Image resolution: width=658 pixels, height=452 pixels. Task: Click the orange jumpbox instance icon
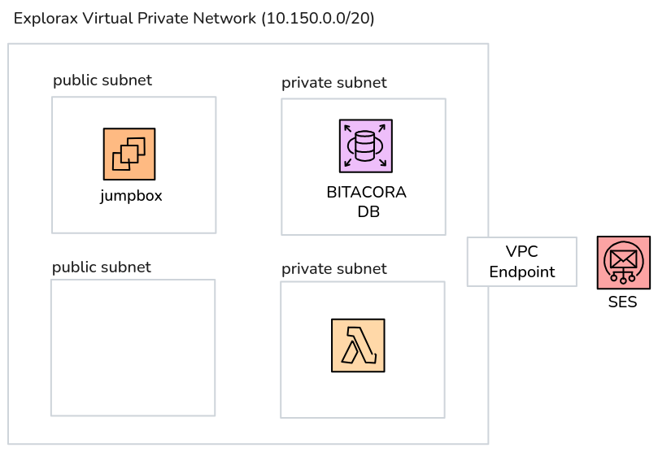pos(129,154)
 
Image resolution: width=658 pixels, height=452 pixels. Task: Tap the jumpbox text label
pos(131,196)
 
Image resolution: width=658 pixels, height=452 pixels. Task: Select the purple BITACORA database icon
pos(365,146)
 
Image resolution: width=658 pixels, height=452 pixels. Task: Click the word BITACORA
pos(365,193)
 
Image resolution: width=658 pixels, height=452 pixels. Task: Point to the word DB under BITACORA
pos(368,212)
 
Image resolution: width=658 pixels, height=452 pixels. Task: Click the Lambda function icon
pos(358,346)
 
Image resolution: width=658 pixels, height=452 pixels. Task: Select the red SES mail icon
pos(623,263)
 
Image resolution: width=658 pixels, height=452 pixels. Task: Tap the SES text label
pos(622,303)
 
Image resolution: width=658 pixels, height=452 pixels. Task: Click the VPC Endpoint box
pos(521,262)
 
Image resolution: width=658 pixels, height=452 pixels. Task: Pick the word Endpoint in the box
pos(521,272)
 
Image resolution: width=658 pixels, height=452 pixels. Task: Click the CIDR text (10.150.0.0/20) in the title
pos(318,19)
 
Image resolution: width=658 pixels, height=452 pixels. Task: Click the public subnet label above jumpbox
pos(102,80)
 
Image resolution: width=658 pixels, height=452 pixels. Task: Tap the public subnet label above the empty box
pos(102,267)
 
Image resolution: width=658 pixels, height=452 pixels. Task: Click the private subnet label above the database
pos(334,83)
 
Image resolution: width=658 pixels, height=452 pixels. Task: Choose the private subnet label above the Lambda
pos(334,269)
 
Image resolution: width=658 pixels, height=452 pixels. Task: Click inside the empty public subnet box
pos(133,348)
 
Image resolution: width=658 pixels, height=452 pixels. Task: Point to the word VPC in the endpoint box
pos(521,251)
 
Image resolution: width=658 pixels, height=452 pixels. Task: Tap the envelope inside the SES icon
pos(623,259)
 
